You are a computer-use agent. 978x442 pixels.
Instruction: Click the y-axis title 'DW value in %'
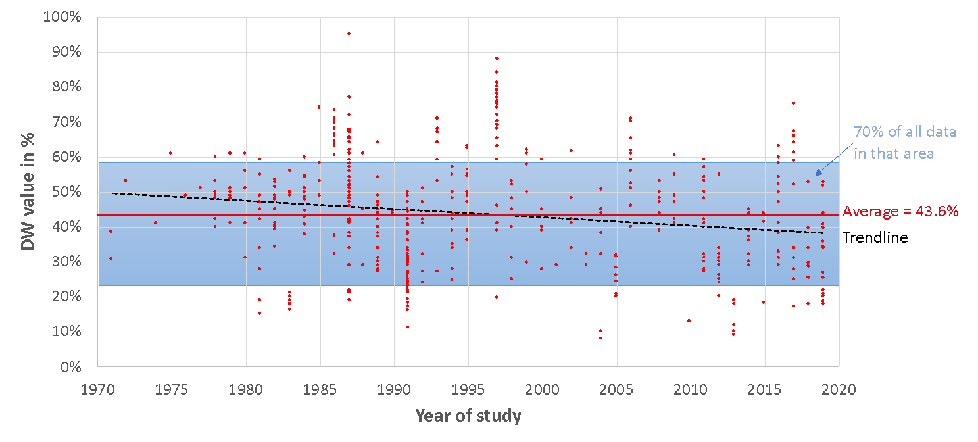[x=28, y=191]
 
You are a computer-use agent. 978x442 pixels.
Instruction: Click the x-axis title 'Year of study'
[x=468, y=416]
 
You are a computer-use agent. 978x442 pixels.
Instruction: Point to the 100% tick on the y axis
[x=62, y=17]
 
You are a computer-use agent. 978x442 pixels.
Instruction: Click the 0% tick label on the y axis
[x=69, y=366]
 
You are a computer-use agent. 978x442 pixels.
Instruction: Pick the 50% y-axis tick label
[x=65, y=192]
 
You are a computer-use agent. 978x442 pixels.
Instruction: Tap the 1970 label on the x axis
[x=98, y=389]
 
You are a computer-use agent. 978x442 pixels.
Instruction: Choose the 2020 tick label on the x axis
[x=839, y=389]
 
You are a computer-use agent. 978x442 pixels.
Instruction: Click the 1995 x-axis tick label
[x=468, y=389]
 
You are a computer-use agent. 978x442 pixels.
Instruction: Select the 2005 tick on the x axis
[x=616, y=389]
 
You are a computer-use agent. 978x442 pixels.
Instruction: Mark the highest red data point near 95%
[x=349, y=34]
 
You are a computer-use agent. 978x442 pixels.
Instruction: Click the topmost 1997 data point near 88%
[x=497, y=59]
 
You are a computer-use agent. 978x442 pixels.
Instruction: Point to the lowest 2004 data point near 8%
[x=600, y=337]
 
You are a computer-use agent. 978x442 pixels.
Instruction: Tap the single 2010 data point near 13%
[x=689, y=320]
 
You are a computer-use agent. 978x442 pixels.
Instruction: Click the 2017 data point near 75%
[x=793, y=103]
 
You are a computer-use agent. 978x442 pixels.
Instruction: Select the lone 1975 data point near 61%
[x=170, y=153]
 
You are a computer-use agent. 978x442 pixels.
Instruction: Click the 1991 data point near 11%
[x=407, y=327]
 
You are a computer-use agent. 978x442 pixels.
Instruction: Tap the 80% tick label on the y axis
[x=65, y=87]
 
